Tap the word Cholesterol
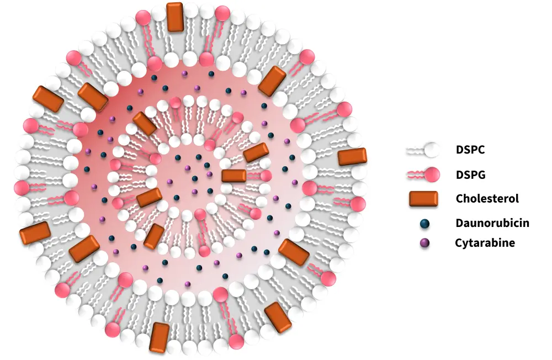[487, 198]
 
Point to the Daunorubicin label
[492, 223]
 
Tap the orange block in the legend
[423, 199]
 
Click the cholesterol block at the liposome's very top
[175, 17]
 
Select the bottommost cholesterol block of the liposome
[160, 337]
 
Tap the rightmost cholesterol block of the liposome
[352, 156]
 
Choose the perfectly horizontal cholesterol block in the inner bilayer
[234, 176]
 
